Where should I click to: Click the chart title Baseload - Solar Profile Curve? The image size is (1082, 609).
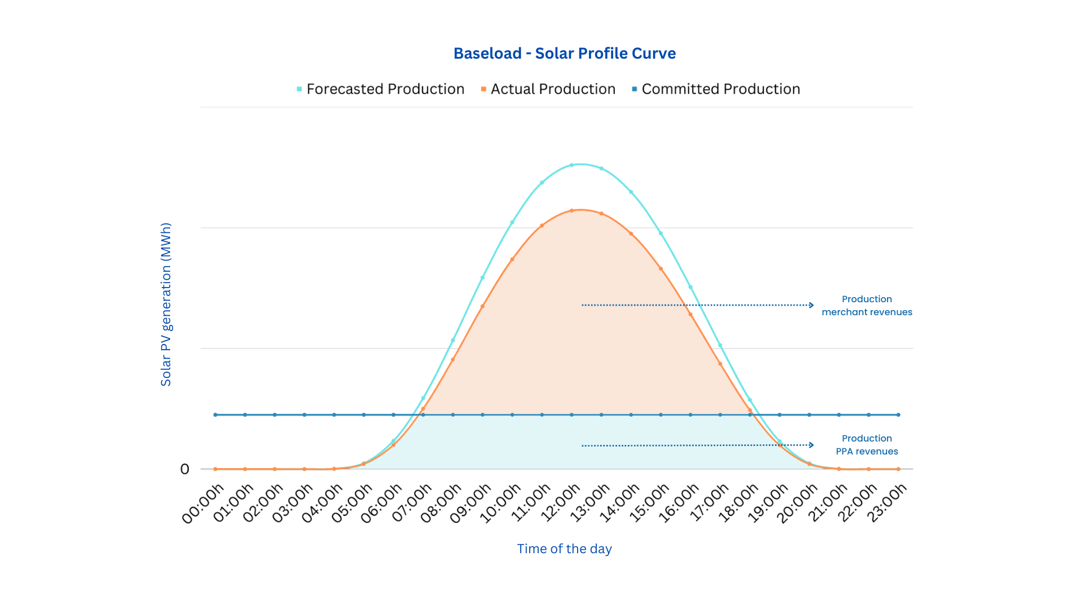564,54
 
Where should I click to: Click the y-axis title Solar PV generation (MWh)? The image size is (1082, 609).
166,304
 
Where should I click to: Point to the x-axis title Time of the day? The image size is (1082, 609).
564,549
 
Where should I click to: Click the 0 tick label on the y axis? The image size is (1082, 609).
185,469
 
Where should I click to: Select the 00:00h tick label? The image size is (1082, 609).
204,504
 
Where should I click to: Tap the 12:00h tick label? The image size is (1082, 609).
561,504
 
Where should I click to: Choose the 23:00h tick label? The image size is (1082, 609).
887,504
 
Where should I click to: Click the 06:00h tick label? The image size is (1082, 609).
382,504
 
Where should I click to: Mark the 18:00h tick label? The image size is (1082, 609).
739,504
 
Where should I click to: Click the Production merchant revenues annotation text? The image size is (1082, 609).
867,306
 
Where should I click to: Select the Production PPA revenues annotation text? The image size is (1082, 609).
867,445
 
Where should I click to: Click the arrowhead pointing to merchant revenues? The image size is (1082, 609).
812,305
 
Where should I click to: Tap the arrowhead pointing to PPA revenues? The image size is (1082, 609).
812,445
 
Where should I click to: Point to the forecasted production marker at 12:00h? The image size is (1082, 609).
571,165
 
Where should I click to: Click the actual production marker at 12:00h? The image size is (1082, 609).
571,211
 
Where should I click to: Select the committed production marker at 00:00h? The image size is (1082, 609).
215,415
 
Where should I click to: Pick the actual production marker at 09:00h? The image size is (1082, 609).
482,306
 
